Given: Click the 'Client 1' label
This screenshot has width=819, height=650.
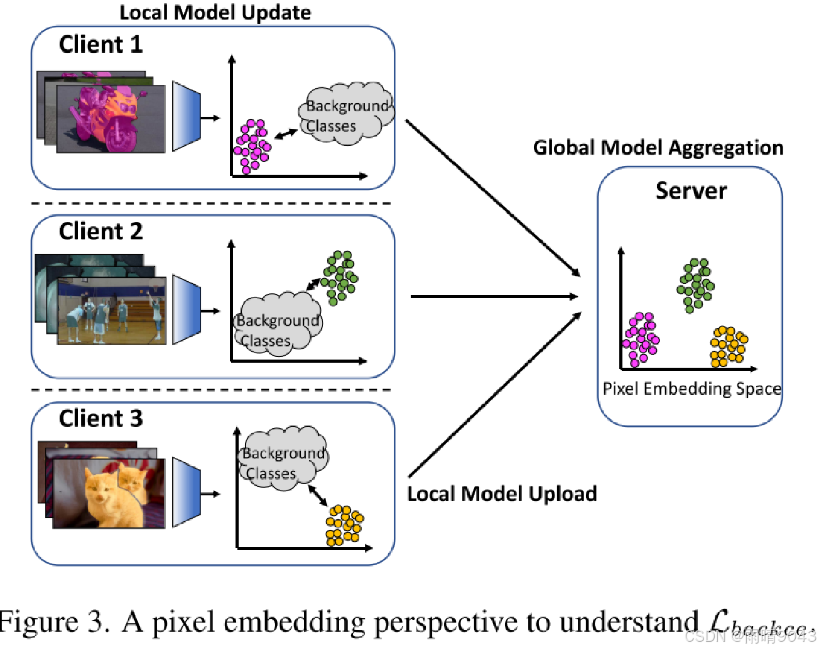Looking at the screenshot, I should [x=100, y=45].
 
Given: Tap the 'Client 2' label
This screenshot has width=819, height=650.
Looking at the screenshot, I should [x=100, y=231].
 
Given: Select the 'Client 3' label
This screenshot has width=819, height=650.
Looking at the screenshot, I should [x=100, y=418].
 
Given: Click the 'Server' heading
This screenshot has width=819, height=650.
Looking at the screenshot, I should [x=691, y=190].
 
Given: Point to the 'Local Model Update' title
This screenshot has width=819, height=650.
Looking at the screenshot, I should [x=215, y=13].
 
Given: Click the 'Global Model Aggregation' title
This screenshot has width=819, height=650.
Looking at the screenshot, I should [x=658, y=148].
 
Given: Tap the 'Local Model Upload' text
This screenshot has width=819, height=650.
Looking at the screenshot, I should [x=501, y=494].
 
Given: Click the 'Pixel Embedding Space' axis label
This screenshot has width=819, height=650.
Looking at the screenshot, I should [x=692, y=388].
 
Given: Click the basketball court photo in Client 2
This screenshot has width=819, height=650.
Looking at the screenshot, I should [x=111, y=311].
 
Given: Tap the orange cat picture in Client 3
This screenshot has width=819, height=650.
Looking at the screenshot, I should [x=108, y=493].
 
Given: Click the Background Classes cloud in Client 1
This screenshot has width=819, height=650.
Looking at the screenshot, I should [x=345, y=113].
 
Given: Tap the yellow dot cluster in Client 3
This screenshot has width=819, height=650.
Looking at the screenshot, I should [x=344, y=526].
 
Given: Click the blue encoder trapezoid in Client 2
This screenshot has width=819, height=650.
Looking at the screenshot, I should [x=186, y=309].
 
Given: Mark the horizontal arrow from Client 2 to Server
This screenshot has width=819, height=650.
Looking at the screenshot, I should [x=493, y=296].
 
